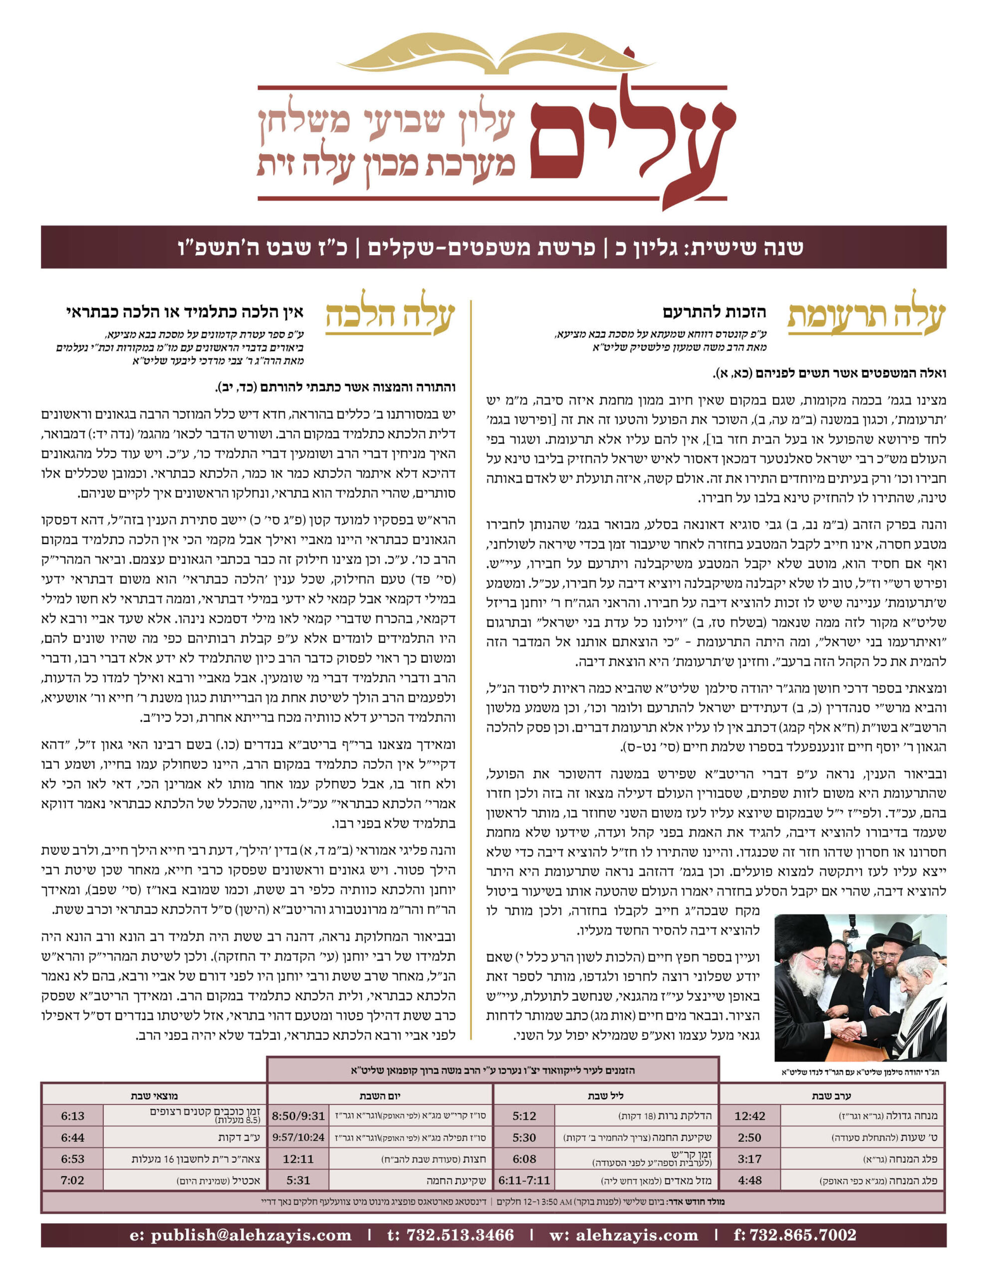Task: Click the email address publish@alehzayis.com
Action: click(241, 1235)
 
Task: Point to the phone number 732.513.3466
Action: click(451, 1235)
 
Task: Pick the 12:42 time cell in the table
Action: click(749, 1116)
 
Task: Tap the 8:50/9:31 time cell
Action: click(298, 1116)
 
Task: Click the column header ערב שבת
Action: click(831, 1095)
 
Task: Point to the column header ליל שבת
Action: click(606, 1095)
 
